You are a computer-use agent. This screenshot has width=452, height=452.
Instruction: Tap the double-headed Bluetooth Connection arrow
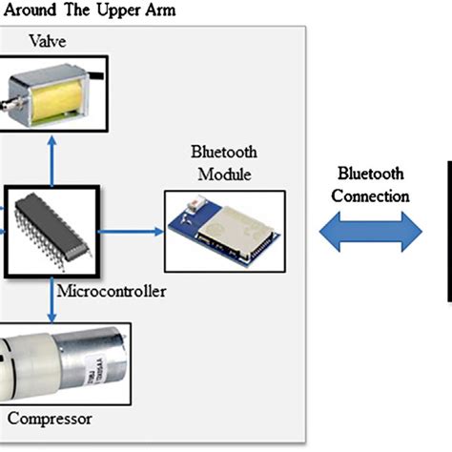click(371, 233)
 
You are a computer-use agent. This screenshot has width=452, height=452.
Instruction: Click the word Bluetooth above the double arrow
click(372, 175)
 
